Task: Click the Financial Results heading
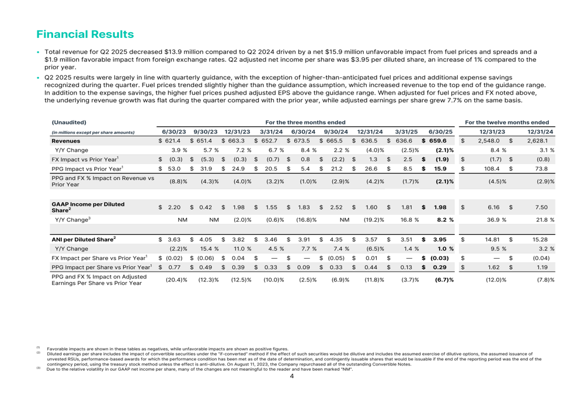click(85, 34)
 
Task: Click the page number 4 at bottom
click(291, 376)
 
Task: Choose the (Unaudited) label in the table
click(69, 122)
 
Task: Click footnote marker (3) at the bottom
click(39, 369)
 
